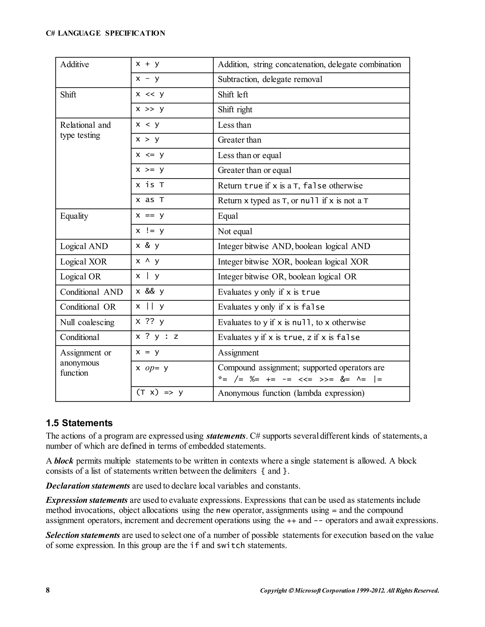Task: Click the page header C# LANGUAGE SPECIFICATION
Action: pyautogui.click(x=105, y=33)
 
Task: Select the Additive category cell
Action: pyautogui.click(x=74, y=64)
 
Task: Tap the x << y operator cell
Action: pyautogui.click(x=150, y=94)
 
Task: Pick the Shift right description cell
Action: pyautogui.click(x=235, y=110)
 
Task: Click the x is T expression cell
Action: pyautogui.click(x=150, y=185)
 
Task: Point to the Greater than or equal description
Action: pyautogui.click(x=254, y=170)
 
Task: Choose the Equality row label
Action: pyautogui.click(x=74, y=216)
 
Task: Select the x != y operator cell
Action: pyautogui.click(x=150, y=231)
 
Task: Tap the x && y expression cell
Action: pyautogui.click(x=150, y=292)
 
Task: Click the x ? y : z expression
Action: pyautogui.click(x=157, y=336)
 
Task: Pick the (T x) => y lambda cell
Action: pyautogui.click(x=159, y=393)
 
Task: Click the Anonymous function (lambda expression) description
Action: pyautogui.click(x=291, y=393)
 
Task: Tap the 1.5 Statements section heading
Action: pyautogui.click(x=79, y=423)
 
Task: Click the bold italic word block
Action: pyautogui.click(x=63, y=461)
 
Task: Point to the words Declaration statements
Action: pyautogui.click(x=88, y=486)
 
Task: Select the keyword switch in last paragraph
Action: pyautogui.click(x=230, y=545)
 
